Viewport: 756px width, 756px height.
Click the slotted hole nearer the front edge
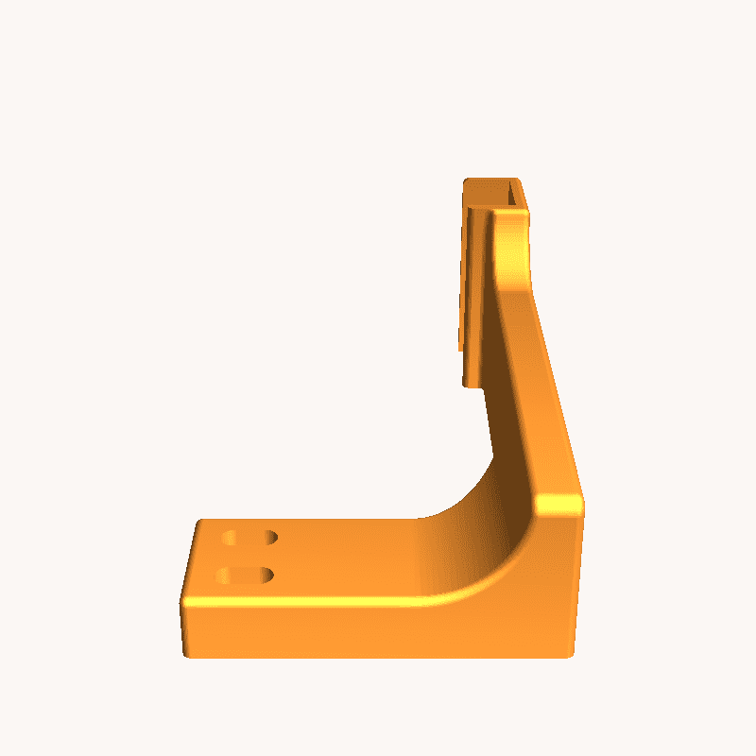point(248,575)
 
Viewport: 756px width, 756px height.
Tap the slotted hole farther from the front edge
point(249,538)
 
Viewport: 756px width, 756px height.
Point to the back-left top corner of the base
point(198,521)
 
